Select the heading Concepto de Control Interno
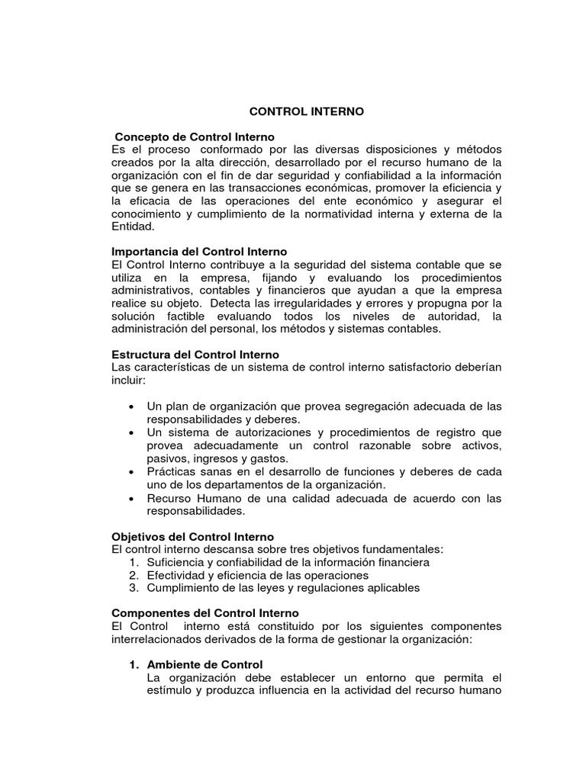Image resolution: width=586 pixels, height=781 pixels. [195, 137]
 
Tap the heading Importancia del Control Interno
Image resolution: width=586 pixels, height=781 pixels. [199, 252]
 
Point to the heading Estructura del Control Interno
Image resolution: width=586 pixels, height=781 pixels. [195, 355]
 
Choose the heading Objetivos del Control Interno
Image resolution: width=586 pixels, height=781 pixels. [192, 537]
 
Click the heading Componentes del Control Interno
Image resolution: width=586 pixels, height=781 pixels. [205, 613]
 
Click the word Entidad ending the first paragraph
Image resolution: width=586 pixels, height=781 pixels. [133, 227]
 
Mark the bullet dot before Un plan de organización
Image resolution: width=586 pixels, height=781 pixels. [134, 407]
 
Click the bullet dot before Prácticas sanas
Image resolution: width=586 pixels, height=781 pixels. [134, 472]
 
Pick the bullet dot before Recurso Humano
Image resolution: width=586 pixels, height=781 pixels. [134, 499]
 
